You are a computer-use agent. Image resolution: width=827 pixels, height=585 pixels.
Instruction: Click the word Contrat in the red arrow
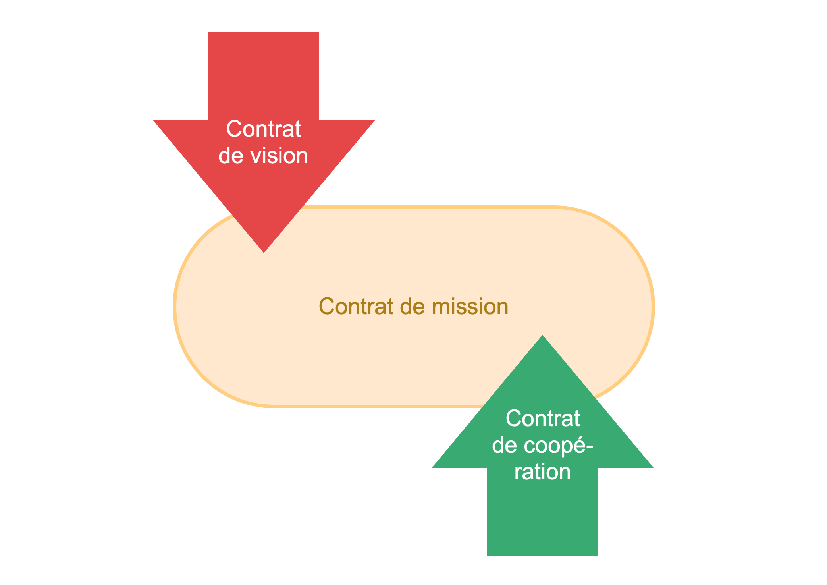(263, 129)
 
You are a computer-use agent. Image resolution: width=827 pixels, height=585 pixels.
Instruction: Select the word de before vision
(231, 156)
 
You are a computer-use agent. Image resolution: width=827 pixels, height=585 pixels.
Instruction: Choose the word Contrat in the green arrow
(543, 419)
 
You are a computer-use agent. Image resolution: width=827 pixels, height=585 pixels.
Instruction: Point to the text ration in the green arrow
(542, 471)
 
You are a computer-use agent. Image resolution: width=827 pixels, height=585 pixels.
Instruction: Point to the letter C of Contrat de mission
(326, 307)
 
